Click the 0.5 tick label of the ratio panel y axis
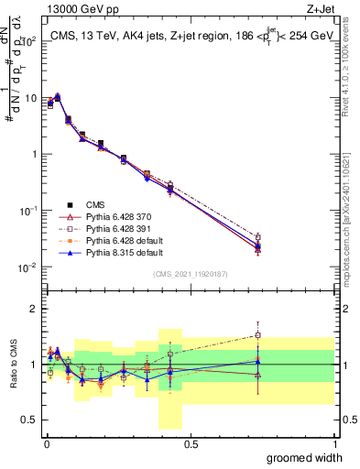29,420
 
